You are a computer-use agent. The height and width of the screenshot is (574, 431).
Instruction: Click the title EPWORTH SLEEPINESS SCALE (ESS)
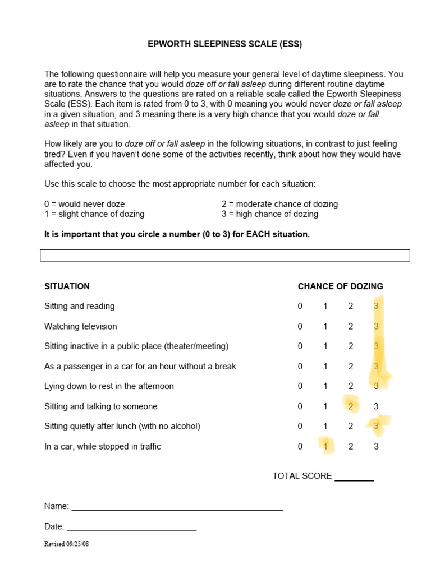point(224,44)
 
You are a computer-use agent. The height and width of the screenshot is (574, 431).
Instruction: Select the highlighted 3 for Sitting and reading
point(376,306)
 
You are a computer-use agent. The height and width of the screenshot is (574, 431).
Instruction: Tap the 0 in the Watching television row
point(300,326)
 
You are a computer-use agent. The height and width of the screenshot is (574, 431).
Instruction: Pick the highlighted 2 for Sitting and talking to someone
point(351,406)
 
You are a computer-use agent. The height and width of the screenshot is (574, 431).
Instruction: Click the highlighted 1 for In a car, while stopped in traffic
point(325,446)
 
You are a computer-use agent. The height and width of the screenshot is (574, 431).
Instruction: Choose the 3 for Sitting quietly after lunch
point(376,426)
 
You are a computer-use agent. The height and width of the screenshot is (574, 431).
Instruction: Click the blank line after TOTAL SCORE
point(354,478)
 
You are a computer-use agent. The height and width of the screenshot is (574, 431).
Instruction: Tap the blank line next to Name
point(177,507)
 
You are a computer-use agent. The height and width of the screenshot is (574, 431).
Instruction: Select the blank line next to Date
point(131,527)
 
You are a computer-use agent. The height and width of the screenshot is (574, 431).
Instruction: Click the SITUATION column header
point(67,286)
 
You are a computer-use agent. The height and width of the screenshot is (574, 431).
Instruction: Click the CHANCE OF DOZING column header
point(340,286)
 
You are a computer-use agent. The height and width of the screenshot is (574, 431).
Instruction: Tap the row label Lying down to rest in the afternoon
point(109,386)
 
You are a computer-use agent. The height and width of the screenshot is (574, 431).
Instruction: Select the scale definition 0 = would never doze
point(85,204)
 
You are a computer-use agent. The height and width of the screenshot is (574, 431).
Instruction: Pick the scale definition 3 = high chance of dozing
point(270,214)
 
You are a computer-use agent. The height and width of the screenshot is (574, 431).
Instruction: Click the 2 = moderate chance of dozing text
point(279,204)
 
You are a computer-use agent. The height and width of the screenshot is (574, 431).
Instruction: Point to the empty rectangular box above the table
point(224,256)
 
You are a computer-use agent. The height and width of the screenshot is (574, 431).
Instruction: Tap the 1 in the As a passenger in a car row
point(325,367)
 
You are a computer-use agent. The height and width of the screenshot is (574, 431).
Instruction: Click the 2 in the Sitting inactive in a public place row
point(351,346)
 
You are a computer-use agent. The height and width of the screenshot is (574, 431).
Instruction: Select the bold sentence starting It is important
point(177,234)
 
